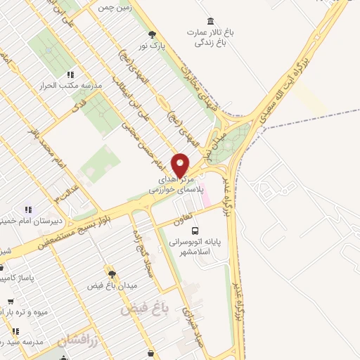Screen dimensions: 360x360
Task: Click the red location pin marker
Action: click(x=181, y=165)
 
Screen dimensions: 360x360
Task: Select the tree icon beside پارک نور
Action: click(x=151, y=34)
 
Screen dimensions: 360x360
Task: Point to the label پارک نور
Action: click(x=152, y=46)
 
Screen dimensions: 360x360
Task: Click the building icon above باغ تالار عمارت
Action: click(x=209, y=21)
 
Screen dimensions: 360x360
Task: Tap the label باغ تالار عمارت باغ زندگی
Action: click(x=209, y=37)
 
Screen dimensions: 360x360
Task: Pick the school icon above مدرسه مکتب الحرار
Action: click(x=69, y=74)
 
